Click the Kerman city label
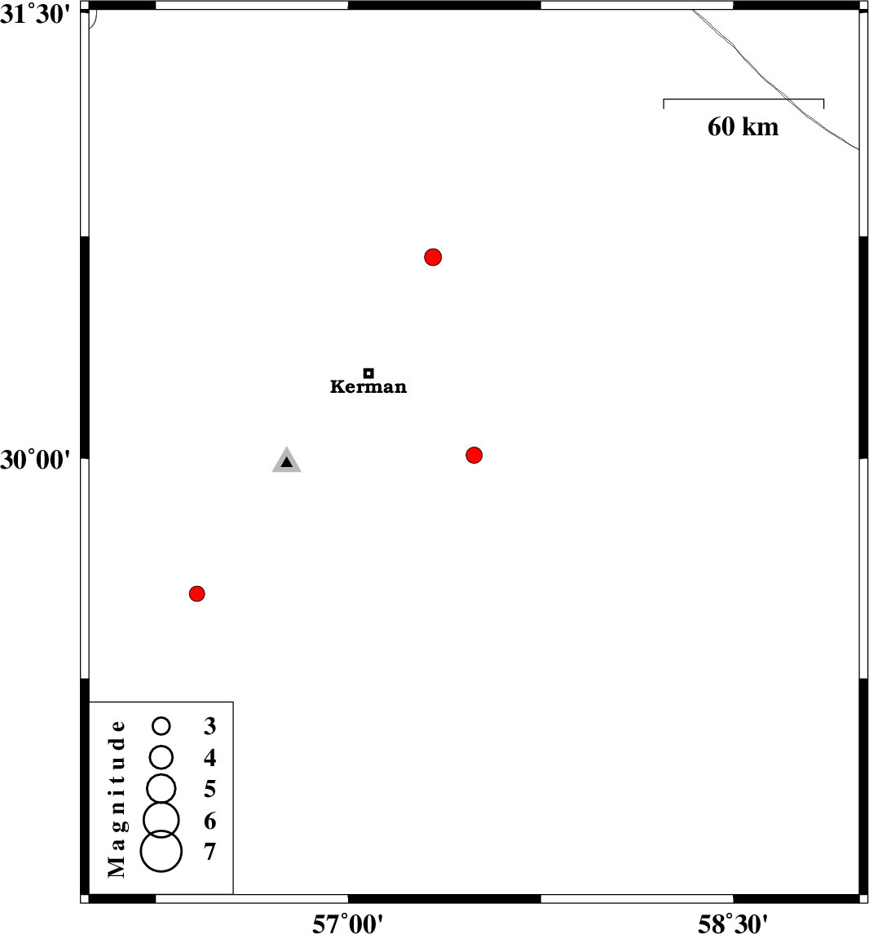point(368,386)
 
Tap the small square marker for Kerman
point(368,373)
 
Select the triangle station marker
point(286,460)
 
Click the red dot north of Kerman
point(433,258)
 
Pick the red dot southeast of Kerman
point(474,455)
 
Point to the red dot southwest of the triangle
point(197,593)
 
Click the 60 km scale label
point(743,127)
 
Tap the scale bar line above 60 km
point(743,99)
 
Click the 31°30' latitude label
point(36,15)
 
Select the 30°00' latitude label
point(36,460)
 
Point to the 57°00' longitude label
point(348,923)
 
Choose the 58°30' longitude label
point(733,923)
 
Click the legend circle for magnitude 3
point(161,725)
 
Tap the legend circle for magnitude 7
point(161,851)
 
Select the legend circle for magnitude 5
point(161,789)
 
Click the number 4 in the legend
point(210,758)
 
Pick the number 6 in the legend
point(210,821)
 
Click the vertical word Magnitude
point(117,799)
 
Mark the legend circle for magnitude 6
point(161,820)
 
